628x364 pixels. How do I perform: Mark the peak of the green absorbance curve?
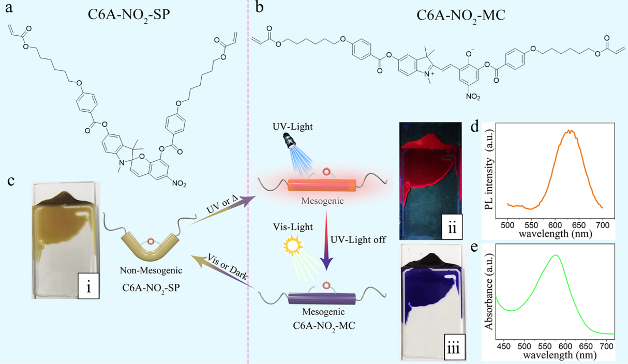(556, 255)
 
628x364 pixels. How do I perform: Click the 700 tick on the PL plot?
(603, 216)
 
